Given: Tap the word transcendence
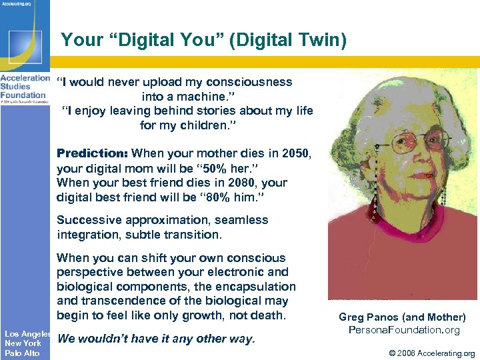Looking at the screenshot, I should click(105, 301).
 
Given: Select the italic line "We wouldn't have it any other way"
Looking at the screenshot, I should click(156, 339).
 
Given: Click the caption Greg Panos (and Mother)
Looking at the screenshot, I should click(402, 317).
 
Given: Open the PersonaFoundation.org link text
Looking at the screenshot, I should click(404, 330).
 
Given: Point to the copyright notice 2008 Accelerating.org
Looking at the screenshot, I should click(428, 353).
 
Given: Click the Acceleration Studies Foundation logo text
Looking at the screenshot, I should click(25, 86).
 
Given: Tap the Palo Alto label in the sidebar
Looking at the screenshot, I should click(22, 353).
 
